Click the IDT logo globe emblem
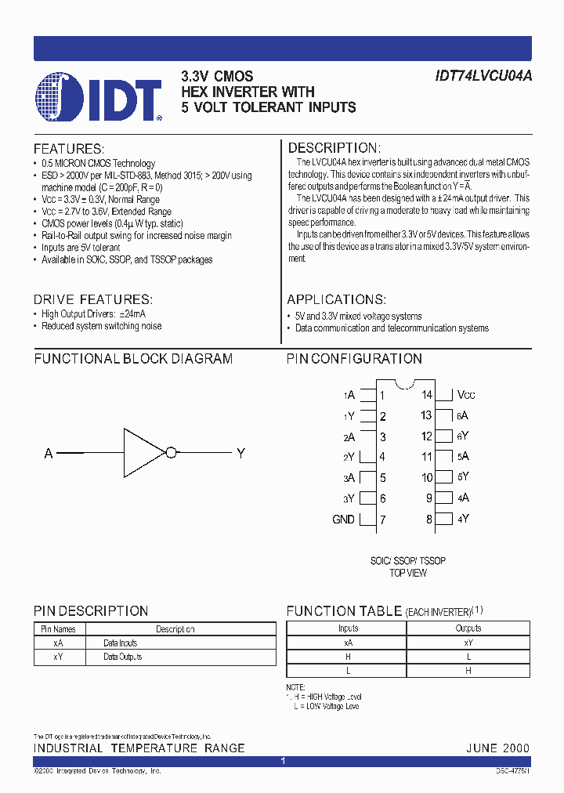click(60, 97)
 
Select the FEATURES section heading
click(68, 149)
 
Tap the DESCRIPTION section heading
click(334, 148)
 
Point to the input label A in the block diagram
click(49, 454)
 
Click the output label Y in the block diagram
click(240, 454)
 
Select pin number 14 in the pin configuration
click(426, 396)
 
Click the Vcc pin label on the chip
click(466, 396)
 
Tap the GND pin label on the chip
click(343, 520)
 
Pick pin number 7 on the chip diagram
click(382, 520)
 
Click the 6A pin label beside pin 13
click(463, 416)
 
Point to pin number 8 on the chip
click(428, 519)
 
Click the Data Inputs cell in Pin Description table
click(120, 643)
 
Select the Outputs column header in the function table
click(468, 628)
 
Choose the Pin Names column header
click(58, 629)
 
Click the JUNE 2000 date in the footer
click(497, 748)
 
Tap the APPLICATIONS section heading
click(336, 300)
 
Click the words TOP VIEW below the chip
click(407, 573)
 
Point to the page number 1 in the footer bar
click(282, 761)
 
